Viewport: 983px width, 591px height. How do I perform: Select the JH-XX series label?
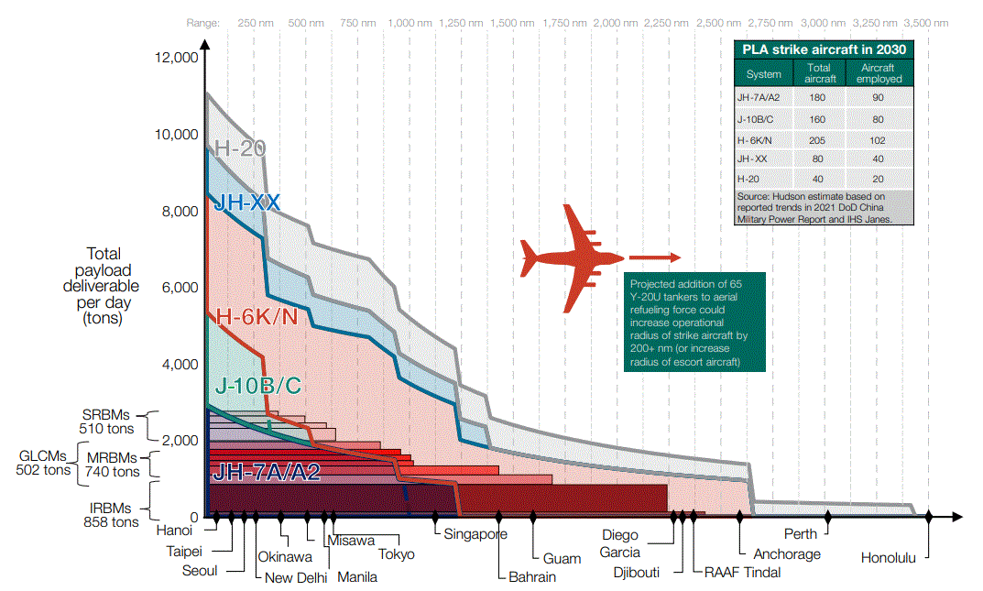(246, 202)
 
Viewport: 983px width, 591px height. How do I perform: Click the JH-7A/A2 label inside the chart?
(266, 473)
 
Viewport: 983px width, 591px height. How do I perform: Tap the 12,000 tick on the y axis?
(178, 58)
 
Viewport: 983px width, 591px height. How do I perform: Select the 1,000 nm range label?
(410, 21)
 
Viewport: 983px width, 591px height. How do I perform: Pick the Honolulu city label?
(888, 557)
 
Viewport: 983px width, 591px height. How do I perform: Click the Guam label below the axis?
(562, 558)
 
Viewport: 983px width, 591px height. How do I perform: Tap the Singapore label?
(475, 534)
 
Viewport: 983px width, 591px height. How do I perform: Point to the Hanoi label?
(174, 530)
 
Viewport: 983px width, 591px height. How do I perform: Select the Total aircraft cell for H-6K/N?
(819, 139)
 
